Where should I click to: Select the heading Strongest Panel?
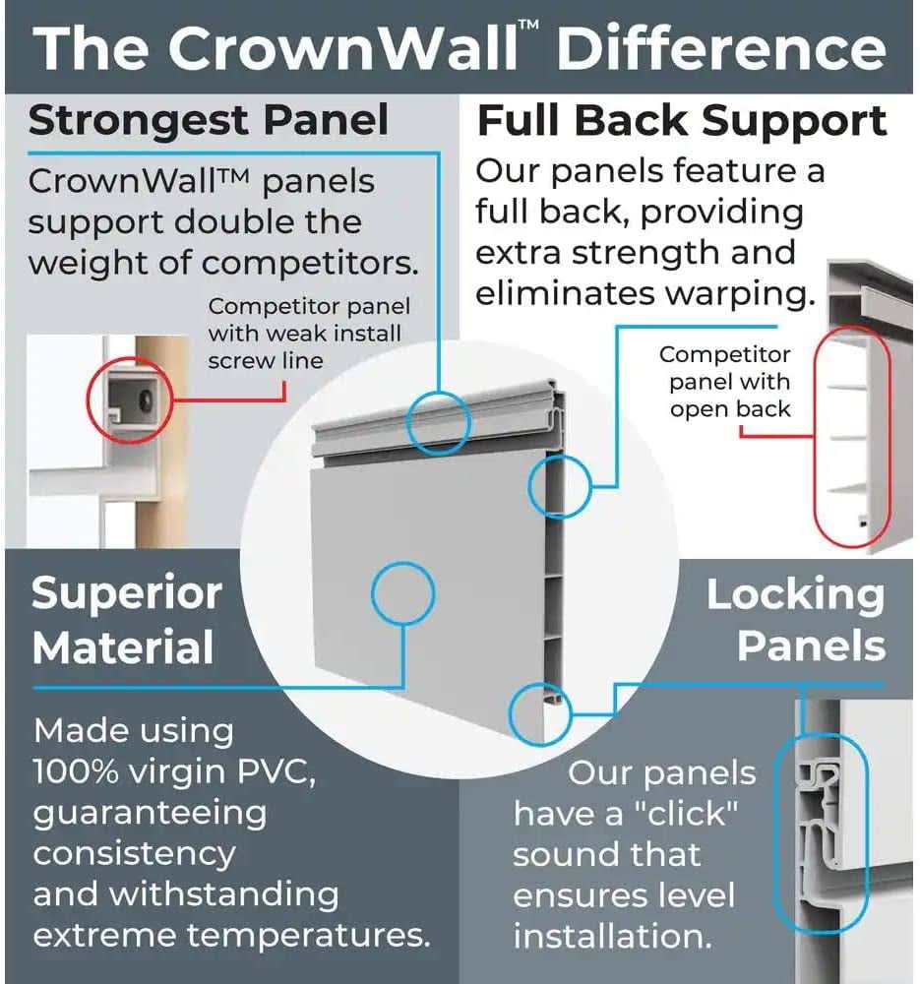click(x=209, y=121)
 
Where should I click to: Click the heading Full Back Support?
click(x=682, y=121)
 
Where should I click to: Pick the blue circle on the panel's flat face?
click(x=402, y=593)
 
